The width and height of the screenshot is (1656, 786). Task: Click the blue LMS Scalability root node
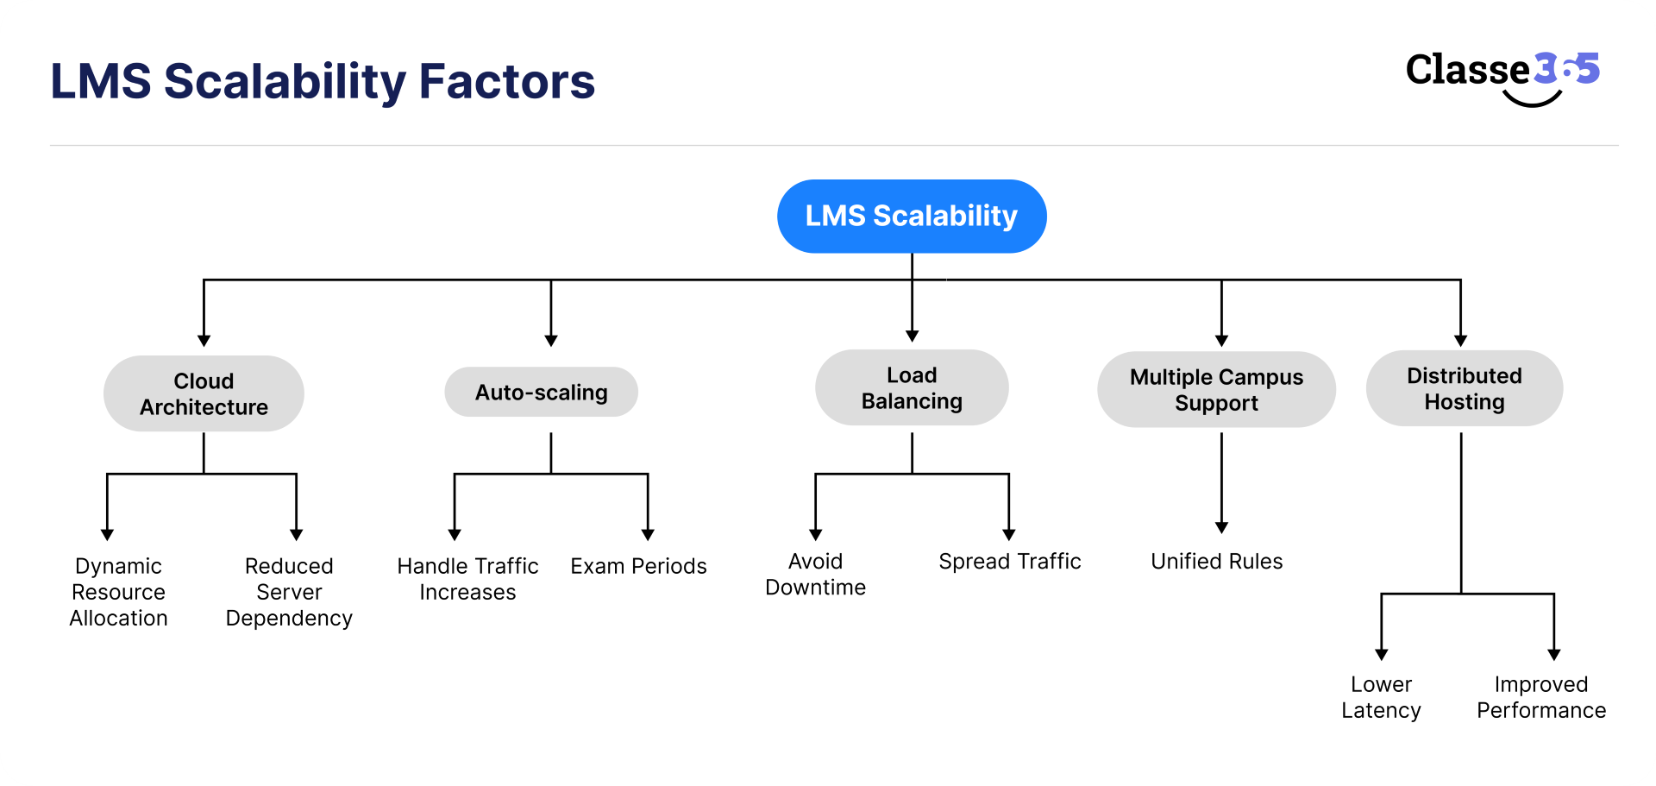(912, 216)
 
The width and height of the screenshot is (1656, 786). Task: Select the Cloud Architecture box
(204, 393)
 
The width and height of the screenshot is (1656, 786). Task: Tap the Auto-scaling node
(541, 393)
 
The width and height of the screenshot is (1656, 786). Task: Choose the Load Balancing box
(912, 387)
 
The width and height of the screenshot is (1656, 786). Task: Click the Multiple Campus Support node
(1216, 389)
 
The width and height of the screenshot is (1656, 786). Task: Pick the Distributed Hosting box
(1464, 388)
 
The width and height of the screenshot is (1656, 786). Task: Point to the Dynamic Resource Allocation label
(118, 592)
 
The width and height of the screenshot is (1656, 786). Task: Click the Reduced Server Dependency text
(289, 592)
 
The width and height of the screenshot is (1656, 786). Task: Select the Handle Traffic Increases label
(467, 579)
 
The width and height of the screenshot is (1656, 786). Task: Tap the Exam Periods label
(638, 566)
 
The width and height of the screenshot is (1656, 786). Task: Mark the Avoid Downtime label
(815, 574)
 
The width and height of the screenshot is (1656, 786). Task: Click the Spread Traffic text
(1009, 562)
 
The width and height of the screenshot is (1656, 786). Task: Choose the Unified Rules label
(1216, 562)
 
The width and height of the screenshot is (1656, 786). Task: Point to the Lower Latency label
(1381, 697)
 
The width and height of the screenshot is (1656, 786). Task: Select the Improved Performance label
(1540, 697)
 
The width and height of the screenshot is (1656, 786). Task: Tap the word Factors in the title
(506, 82)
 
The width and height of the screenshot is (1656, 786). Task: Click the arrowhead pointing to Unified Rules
(1221, 527)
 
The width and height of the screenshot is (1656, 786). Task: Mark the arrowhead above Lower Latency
(1382, 655)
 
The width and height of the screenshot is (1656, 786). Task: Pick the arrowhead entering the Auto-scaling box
(551, 341)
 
